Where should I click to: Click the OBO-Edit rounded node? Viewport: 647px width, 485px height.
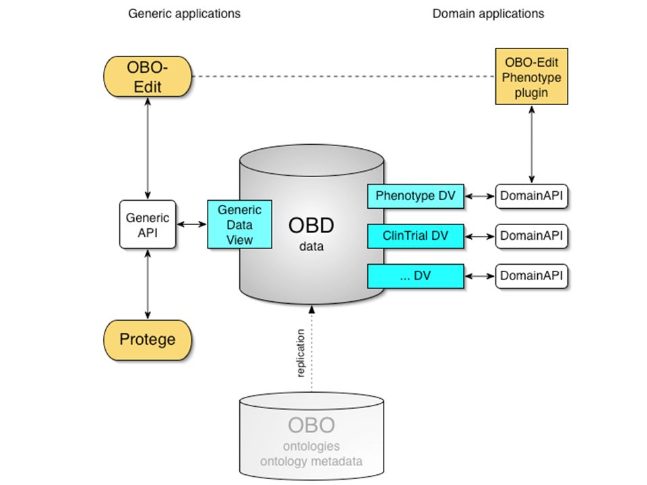point(148,77)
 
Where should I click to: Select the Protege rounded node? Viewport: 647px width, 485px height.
point(148,339)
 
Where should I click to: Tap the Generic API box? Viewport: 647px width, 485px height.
point(148,225)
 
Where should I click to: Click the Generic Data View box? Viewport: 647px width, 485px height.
point(239,224)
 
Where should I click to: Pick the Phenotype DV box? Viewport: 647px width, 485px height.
point(416,196)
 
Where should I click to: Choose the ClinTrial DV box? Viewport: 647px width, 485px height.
point(416,236)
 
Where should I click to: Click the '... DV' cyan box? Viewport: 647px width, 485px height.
point(416,276)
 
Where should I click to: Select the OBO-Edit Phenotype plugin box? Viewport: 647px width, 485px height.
point(532,76)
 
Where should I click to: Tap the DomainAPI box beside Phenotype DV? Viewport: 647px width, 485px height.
point(532,196)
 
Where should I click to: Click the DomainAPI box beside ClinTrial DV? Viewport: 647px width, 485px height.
point(532,236)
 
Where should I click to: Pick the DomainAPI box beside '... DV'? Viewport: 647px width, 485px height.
point(532,276)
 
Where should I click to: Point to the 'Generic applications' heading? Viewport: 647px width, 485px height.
point(184,13)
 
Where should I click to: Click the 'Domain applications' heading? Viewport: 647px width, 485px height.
point(488,13)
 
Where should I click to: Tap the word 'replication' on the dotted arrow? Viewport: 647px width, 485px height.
point(301,353)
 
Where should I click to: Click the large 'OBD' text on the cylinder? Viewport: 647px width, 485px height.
point(311,226)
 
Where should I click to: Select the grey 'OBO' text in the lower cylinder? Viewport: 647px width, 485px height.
point(311,425)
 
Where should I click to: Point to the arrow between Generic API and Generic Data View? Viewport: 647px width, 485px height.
point(191,224)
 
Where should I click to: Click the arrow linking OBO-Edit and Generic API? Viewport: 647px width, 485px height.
point(148,149)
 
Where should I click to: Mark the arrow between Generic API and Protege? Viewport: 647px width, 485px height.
point(148,284)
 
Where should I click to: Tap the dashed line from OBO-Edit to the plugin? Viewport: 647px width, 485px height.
point(343,76)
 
